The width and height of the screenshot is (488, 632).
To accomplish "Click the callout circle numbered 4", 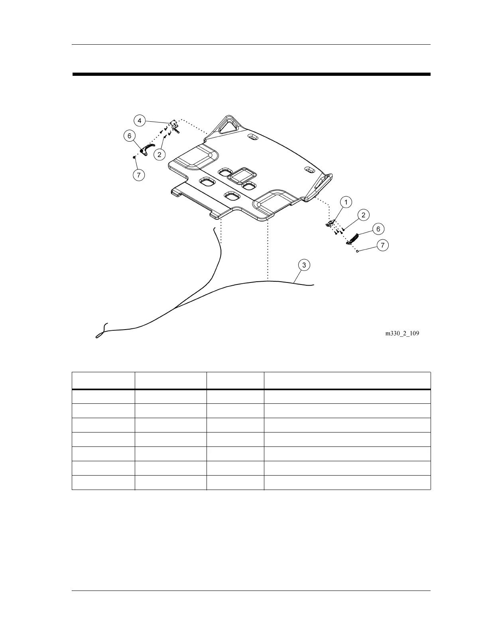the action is tap(139, 120).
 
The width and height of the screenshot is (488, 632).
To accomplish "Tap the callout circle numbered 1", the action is tap(346, 202).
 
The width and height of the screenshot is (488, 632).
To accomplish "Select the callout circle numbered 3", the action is tap(304, 265).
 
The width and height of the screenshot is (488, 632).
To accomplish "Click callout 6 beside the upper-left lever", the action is tap(129, 136).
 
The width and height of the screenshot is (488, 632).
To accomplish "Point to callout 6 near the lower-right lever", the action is tap(378, 229).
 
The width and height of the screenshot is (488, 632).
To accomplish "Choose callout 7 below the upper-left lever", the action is tap(138, 175).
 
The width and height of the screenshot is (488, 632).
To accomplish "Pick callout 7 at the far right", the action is tap(382, 245).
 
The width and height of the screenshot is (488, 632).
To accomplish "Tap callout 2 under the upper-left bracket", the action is tap(159, 154).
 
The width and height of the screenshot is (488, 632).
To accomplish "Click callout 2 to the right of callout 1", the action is tap(363, 215).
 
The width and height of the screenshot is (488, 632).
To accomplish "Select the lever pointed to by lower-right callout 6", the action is tap(353, 239).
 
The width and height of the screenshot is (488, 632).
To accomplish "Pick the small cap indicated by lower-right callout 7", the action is tap(358, 251).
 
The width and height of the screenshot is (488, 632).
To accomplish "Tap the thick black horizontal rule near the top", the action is tap(251, 74).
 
